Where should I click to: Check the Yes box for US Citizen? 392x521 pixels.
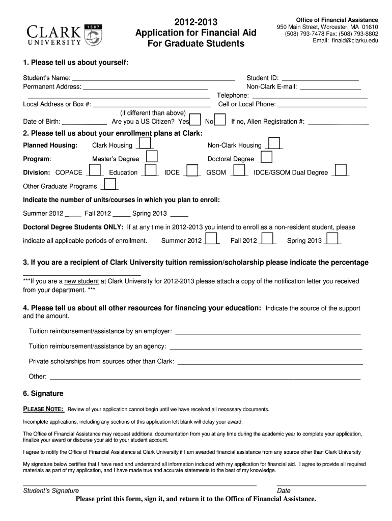tap(195, 120)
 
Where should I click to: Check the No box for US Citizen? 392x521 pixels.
tap(220, 120)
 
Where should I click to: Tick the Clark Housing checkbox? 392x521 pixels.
tap(145, 143)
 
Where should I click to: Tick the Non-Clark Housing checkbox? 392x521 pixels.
tap(274, 143)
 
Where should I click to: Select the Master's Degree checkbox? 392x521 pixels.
tap(152, 157)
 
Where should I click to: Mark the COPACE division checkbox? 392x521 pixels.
tap(95, 171)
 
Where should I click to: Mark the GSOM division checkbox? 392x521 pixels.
tap(239, 171)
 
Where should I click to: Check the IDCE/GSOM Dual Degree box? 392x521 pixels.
tap(341, 171)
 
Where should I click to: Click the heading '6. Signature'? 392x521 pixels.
tap(43, 393)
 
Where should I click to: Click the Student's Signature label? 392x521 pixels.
tap(51, 490)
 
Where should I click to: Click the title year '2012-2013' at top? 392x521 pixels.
tap(196, 22)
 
